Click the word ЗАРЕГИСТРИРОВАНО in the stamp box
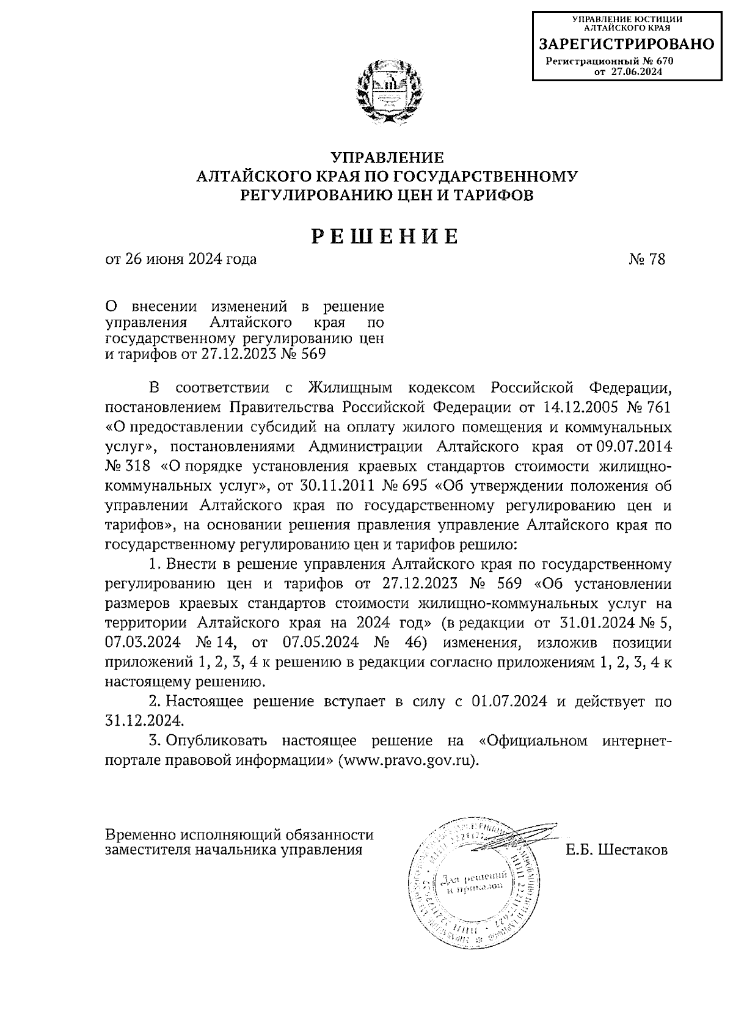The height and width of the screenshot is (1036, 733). pyautogui.click(x=625, y=44)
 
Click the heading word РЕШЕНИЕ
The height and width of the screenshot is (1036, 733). pyautogui.click(x=385, y=236)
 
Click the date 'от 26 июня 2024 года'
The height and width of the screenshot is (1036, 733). pyautogui.click(x=181, y=259)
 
